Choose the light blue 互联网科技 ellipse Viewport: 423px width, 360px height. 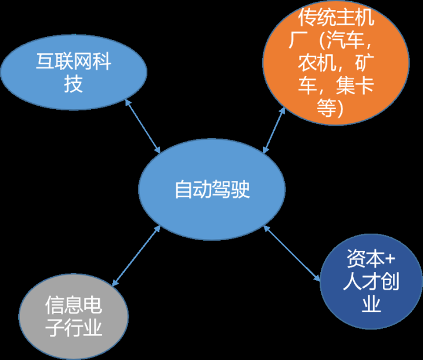73,73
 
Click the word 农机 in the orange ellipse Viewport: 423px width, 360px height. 317,63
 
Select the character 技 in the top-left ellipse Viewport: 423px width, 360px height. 73,85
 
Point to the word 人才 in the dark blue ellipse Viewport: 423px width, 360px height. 361,282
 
